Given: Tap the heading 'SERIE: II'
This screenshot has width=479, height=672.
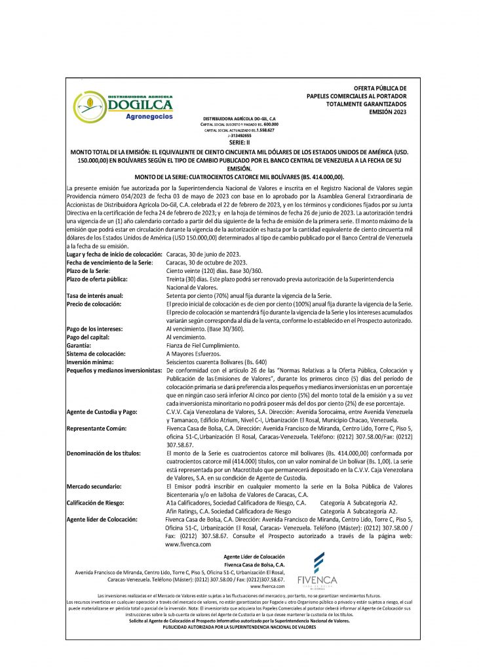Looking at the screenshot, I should (240, 141).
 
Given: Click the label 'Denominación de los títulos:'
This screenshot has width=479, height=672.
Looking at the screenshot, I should (105, 453).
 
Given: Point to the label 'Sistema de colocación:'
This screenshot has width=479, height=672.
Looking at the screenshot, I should (97, 353).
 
